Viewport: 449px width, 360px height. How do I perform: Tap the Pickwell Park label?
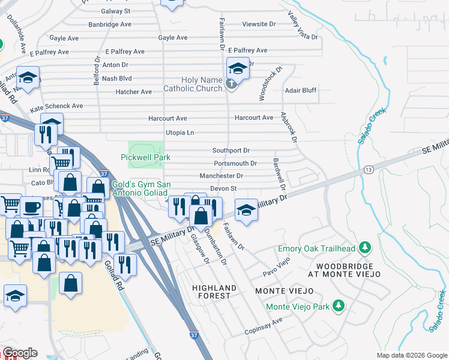pyautogui.click(x=145, y=157)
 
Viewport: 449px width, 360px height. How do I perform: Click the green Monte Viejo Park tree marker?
pyautogui.click(x=339, y=306)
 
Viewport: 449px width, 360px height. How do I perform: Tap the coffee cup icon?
pyautogui.click(x=31, y=207)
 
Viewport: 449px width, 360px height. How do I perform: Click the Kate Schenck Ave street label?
pyautogui.click(x=56, y=106)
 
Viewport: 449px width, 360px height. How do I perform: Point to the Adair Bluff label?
pyautogui.click(x=301, y=91)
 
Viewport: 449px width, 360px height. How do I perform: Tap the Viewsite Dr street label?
pyautogui.click(x=259, y=25)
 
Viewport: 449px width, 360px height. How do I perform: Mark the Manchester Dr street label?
pyautogui.click(x=221, y=176)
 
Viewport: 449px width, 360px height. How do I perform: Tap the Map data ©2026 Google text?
pyautogui.click(x=411, y=355)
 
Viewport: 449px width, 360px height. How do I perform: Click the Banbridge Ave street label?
pyautogui.click(x=110, y=25)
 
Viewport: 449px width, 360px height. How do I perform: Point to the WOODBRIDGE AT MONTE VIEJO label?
pyautogui.click(x=345, y=269)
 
